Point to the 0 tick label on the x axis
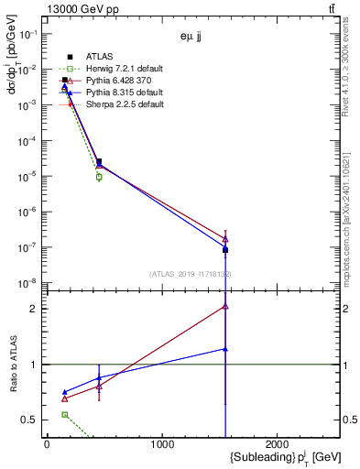pyautogui.click(x=47, y=444)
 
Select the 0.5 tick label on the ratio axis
pyautogui.click(x=30, y=420)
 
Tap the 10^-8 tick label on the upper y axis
pyautogui.click(x=29, y=282)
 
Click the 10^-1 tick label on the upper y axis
pyautogui.click(x=29, y=33)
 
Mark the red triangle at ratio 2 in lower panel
pyautogui.click(x=225, y=307)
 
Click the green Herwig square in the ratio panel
pyautogui.click(x=64, y=415)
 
